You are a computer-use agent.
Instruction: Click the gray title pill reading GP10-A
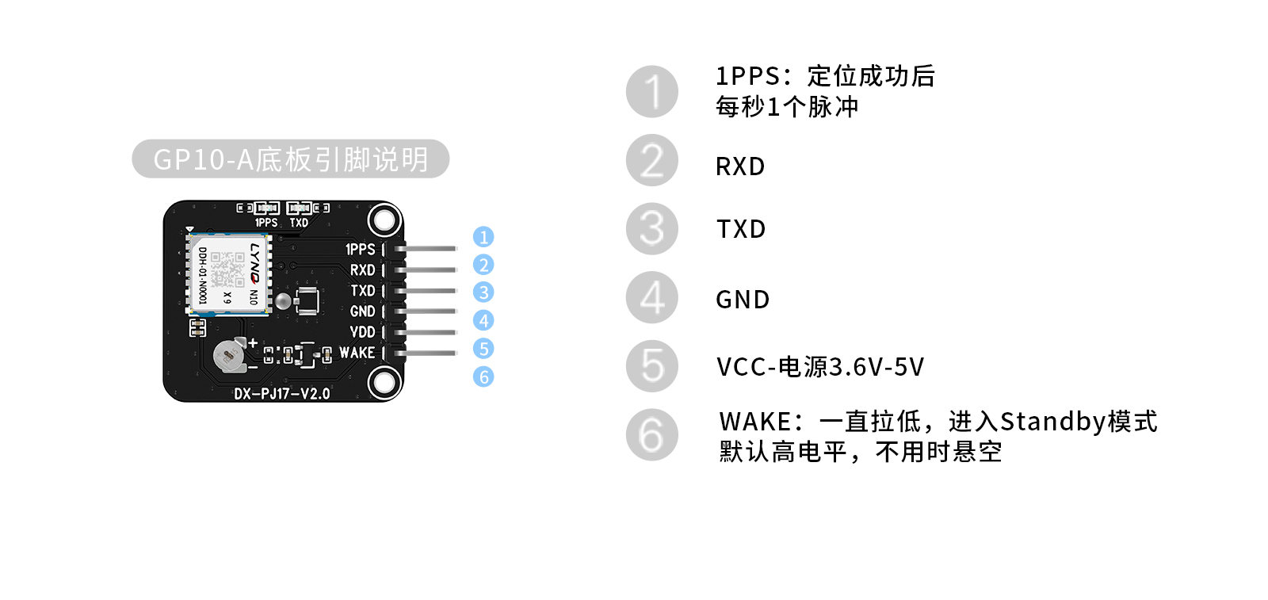pos(290,159)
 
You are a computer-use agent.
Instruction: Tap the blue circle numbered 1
pos(483,237)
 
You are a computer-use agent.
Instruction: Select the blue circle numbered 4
pos(483,320)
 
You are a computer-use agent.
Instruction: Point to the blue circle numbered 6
pos(483,376)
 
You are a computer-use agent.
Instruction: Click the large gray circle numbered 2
pos(652,160)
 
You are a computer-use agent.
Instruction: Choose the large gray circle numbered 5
pos(652,366)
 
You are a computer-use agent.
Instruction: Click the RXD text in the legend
pos(740,166)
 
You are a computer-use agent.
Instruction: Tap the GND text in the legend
pos(743,300)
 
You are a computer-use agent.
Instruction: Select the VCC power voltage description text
pos(820,367)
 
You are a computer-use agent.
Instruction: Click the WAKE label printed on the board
pos(357,353)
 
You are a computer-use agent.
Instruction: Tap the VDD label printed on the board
pos(362,332)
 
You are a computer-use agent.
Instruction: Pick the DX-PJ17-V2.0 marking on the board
pos(281,393)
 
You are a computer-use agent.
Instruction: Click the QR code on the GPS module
pos(228,269)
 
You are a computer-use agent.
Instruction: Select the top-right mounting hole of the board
pos(384,220)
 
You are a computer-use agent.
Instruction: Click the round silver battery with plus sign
pos(231,355)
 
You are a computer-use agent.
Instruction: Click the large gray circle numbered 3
pos(652,229)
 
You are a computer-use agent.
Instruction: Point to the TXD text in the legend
pos(741,229)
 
